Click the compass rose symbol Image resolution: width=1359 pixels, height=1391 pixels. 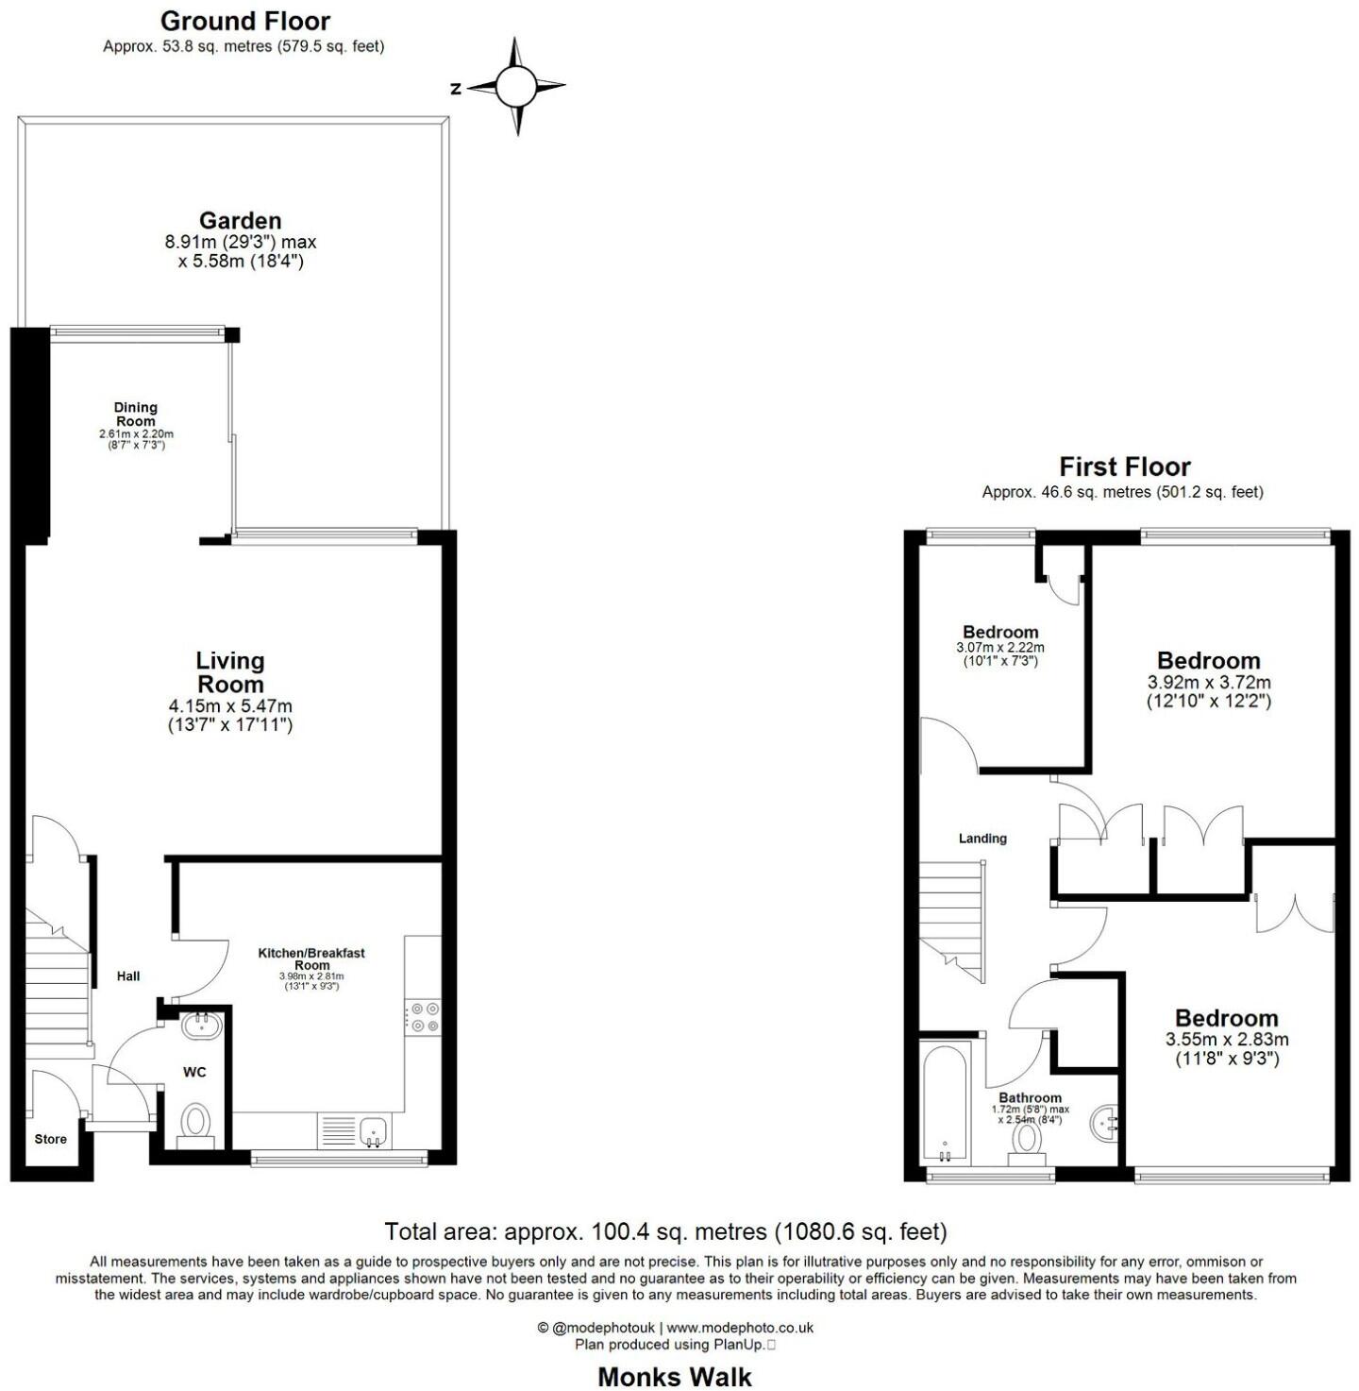(x=515, y=87)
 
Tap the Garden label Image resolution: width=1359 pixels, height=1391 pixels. (x=240, y=221)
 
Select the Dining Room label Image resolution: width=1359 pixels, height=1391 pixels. (x=136, y=415)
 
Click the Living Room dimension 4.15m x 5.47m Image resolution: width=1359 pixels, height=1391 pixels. (x=230, y=705)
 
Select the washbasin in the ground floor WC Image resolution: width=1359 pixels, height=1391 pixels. (x=201, y=1026)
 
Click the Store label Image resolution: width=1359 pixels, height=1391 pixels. (x=51, y=1139)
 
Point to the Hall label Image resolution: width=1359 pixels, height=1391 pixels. (x=128, y=975)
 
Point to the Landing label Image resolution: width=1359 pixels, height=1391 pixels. (x=982, y=838)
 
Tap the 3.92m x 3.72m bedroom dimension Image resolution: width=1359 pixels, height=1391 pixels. (x=1209, y=682)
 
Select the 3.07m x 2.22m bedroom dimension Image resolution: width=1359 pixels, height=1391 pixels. (x=1000, y=648)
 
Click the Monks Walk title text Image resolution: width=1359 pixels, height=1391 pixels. (x=675, y=1377)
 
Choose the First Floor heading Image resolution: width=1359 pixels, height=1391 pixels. (x=1124, y=466)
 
